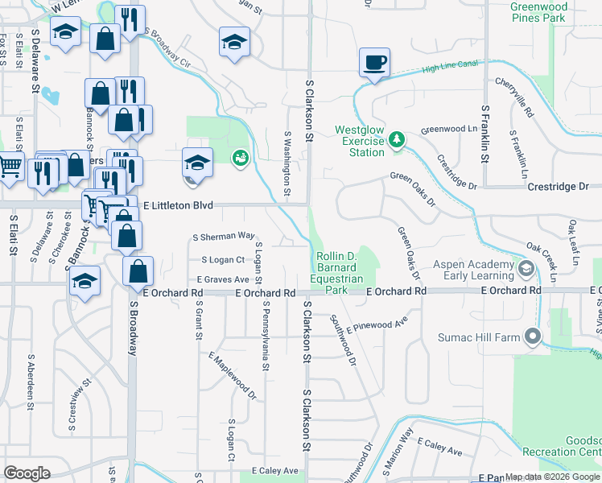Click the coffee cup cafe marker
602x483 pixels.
374,62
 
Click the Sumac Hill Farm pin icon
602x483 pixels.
531,337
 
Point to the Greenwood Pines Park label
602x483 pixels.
550,11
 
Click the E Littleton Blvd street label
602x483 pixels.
178,206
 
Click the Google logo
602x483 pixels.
27,473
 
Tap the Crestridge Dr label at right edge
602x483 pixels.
558,186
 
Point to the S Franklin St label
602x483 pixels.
484,132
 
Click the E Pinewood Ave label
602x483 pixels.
377,324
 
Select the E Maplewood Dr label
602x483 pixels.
232,376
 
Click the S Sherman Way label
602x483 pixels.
224,237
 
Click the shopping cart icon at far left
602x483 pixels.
10,166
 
